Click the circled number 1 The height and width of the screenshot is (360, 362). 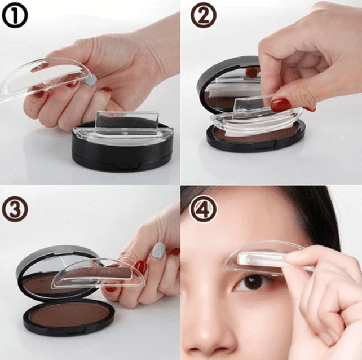(15, 15)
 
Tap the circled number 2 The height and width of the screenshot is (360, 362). (204, 15)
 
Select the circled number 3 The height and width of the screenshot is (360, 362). (15, 209)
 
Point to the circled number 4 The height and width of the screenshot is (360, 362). (204, 209)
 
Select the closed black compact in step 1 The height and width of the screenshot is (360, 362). (123, 144)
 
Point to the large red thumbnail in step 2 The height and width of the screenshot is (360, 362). (280, 104)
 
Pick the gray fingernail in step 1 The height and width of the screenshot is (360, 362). (90, 80)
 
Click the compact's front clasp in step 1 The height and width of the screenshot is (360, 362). (128, 167)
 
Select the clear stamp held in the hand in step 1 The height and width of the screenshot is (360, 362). (46, 78)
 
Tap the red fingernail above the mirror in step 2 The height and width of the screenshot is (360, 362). (251, 73)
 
